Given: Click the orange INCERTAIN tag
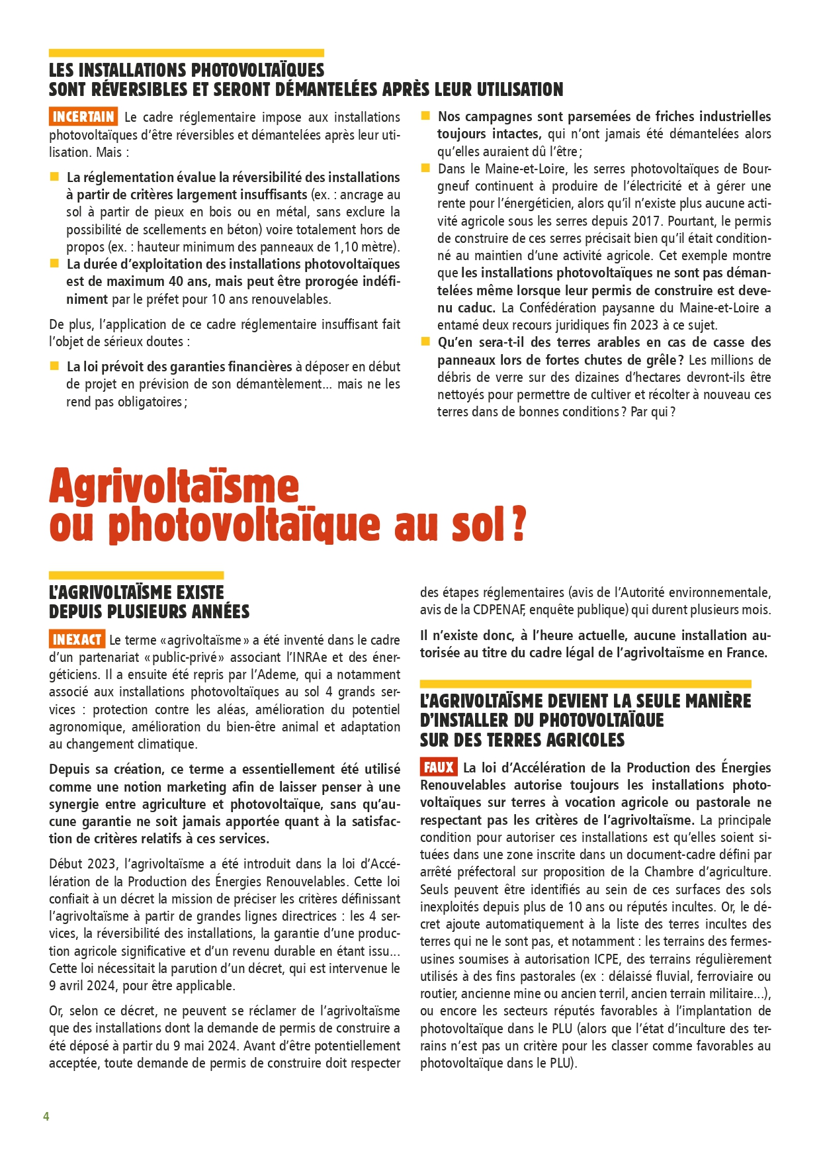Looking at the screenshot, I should click(x=83, y=117).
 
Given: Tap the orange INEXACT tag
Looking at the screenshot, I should click(x=77, y=639).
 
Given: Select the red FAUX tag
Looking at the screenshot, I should click(x=439, y=767).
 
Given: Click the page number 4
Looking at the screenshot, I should click(x=46, y=1117).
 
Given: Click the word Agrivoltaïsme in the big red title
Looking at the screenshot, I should click(x=174, y=487).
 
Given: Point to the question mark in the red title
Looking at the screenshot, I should click(x=518, y=525).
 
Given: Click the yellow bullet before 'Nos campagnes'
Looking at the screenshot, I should click(x=425, y=116).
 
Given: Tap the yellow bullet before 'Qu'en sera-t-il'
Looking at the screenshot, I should click(x=425, y=342).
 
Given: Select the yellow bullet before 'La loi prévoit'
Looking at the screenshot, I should click(x=54, y=366).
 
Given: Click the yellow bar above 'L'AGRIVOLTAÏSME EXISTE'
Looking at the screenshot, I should click(x=136, y=575).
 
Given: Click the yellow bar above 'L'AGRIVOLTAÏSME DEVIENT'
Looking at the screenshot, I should click(x=585, y=684).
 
